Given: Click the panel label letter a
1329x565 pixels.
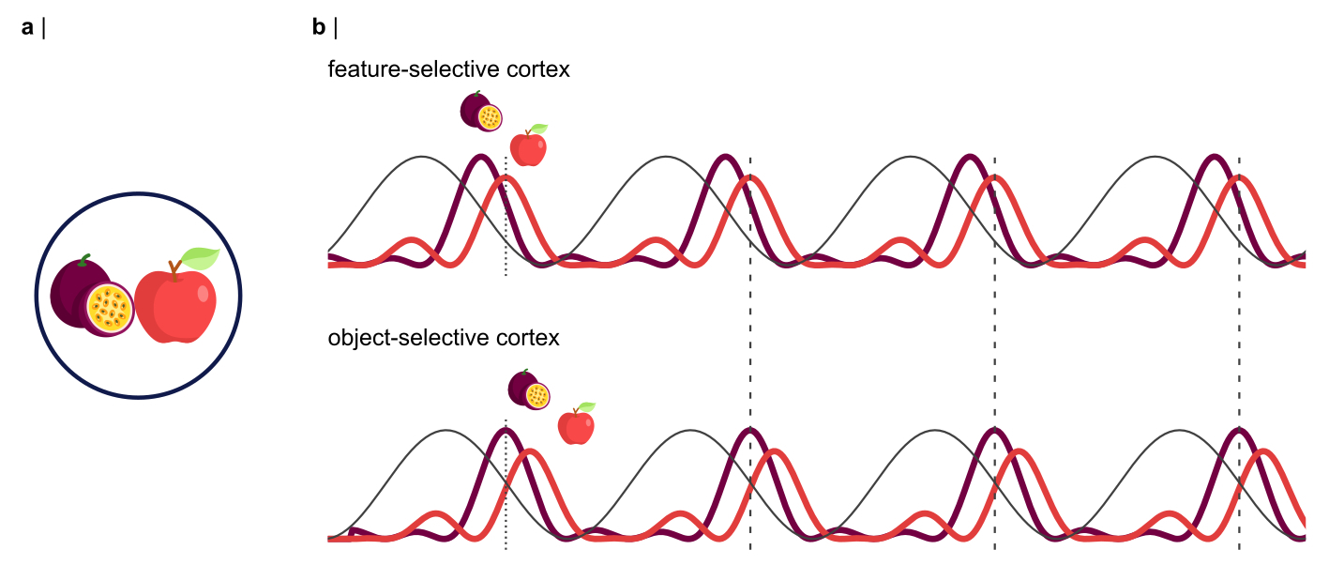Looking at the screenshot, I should pos(27,28).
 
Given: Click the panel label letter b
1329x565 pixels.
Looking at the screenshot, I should pos(319,28).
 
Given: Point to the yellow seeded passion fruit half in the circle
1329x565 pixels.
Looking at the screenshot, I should pos(110,308).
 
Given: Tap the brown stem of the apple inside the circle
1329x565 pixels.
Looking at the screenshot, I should pos(174,271).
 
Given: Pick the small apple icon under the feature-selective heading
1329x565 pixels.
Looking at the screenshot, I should pos(528,146).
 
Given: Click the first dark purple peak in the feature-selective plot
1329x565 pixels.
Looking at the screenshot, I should pos(481,157).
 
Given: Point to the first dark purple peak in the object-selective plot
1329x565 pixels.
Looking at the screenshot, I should pos(506,430).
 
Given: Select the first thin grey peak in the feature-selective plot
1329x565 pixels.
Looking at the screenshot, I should pos(422,157).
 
